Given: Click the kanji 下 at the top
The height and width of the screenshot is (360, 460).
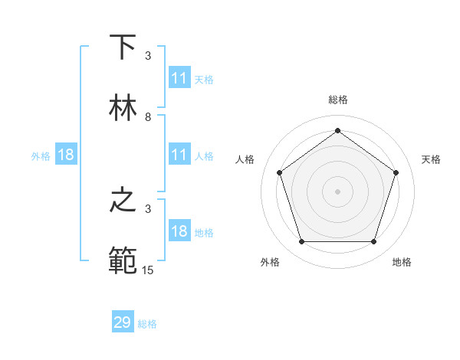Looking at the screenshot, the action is [x=123, y=47].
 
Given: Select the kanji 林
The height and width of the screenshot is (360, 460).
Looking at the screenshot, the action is [x=123, y=108].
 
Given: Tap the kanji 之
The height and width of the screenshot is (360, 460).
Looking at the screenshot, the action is [x=123, y=201].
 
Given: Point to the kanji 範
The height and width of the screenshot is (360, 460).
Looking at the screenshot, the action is [x=123, y=261].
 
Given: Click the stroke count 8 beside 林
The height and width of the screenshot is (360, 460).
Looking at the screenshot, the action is [x=148, y=117].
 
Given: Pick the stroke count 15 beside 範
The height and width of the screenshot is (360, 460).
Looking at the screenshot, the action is [x=148, y=270].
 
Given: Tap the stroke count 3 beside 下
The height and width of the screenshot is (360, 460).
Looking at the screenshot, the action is [x=148, y=56].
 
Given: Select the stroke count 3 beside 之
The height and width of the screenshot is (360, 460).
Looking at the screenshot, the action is [x=148, y=209].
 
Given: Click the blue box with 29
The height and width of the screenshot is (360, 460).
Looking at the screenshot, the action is [x=123, y=322].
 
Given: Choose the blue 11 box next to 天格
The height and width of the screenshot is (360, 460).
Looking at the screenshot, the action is [x=179, y=78].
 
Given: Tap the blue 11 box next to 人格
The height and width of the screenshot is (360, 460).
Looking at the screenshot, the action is [x=179, y=155].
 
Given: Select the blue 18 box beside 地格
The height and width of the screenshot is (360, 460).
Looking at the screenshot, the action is [x=179, y=232].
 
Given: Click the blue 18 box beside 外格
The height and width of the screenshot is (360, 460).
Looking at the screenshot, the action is [x=66, y=155].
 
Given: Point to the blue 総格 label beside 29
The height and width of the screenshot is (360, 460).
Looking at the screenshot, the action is [x=147, y=324].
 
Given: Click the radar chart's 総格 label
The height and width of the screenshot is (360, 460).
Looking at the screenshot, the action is [x=338, y=100].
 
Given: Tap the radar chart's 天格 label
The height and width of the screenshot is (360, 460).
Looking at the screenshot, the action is [x=431, y=159].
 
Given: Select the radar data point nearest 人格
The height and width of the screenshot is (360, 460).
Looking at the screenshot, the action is [x=279, y=172].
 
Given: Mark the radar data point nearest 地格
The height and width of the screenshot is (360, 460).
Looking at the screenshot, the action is [x=373, y=242].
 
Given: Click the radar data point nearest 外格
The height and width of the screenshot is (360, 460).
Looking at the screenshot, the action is [x=301, y=242].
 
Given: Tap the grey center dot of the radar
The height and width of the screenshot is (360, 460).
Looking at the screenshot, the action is [x=337, y=191].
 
